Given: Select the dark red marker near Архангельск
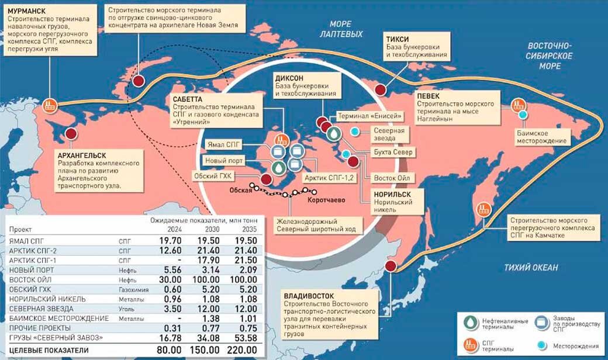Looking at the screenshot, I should click(x=72, y=134).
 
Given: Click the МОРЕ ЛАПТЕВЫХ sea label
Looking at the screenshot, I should click(x=341, y=29).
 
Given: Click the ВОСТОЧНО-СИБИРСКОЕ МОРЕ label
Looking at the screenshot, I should click(x=550, y=56).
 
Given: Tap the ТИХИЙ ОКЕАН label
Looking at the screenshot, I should click(x=531, y=268).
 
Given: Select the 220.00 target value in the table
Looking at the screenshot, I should click(x=244, y=349).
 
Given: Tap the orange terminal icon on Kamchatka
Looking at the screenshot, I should click(x=483, y=209).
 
